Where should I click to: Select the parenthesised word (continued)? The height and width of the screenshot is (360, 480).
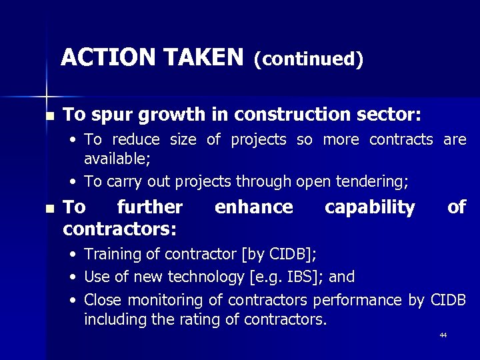coord(308,59)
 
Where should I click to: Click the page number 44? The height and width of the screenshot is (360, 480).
coord(443,335)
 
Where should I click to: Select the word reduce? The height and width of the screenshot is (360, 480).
coord(136,140)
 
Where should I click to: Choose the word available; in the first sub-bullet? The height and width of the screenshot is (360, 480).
coord(117,159)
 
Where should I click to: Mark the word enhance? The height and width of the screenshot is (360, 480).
coord(253,207)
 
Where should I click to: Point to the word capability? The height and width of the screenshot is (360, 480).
coord(369,208)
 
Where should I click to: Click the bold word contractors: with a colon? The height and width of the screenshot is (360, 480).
coord(119,230)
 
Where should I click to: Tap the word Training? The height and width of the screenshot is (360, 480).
coord(110,254)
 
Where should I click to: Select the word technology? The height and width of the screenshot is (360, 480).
coord(189,277)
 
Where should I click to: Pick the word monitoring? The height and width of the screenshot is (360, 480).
coord(166,300)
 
